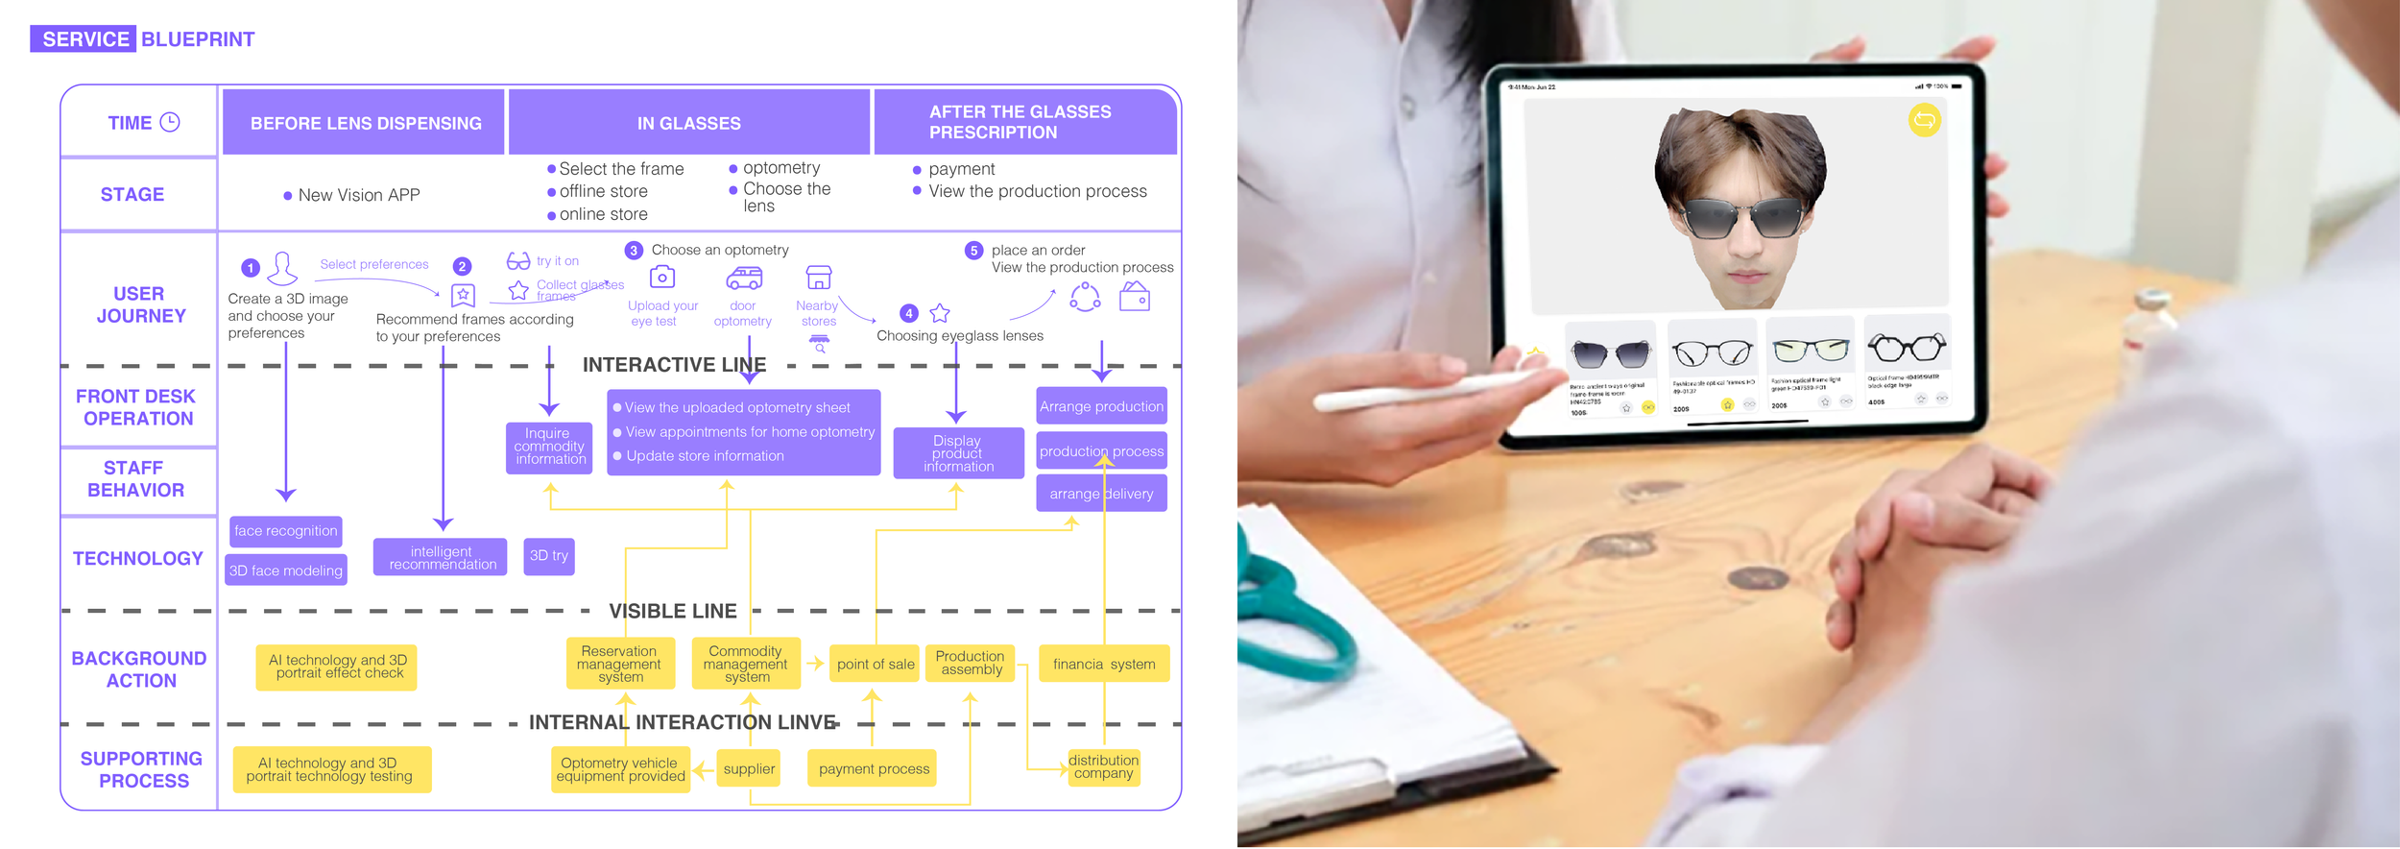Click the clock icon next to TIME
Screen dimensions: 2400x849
pyautogui.click(x=170, y=122)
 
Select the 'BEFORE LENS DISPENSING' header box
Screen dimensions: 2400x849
pyautogui.click(x=365, y=123)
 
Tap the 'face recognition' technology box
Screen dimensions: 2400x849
pyautogui.click(x=286, y=531)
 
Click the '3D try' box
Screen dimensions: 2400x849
pyautogui.click(x=549, y=556)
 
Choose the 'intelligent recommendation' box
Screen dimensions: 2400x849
pyautogui.click(x=443, y=558)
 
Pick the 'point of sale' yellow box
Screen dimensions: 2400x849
pyautogui.click(x=876, y=665)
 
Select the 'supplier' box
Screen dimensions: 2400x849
pyautogui.click(x=749, y=769)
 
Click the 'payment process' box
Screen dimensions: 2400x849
pyautogui.click(x=874, y=769)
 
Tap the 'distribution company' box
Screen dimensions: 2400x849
pyautogui.click(x=1104, y=767)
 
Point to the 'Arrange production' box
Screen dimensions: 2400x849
pyautogui.click(x=1101, y=407)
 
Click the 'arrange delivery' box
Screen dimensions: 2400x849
pyautogui.click(x=1101, y=494)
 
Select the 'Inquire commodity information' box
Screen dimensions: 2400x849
pyautogui.click(x=550, y=447)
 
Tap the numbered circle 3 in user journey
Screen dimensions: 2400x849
pyautogui.click(x=634, y=251)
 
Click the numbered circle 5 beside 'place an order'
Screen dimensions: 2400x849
pyautogui.click(x=973, y=251)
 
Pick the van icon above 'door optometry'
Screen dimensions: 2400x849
pyautogui.click(x=744, y=279)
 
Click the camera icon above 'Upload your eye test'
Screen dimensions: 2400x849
pyautogui.click(x=662, y=278)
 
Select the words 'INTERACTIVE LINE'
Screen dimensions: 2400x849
pyautogui.click(x=674, y=366)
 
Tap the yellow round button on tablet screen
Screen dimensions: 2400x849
pyautogui.click(x=1924, y=120)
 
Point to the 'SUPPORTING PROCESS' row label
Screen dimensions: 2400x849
pyautogui.click(x=142, y=770)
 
